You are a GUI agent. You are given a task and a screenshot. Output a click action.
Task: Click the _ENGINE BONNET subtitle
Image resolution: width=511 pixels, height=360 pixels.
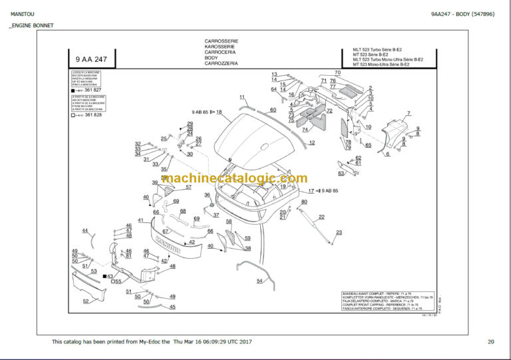31,26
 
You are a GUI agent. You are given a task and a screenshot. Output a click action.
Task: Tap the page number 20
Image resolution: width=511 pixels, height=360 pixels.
490,342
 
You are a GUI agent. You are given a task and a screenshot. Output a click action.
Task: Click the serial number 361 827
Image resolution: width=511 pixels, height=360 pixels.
93,90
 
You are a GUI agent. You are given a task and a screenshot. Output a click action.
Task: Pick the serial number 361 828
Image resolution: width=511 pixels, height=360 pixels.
93,115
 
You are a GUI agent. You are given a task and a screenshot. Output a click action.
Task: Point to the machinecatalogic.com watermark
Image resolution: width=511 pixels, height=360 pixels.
234,178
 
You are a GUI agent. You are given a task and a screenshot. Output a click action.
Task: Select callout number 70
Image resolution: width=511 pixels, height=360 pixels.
337,73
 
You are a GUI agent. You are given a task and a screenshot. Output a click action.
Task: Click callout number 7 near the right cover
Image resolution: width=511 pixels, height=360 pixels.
409,113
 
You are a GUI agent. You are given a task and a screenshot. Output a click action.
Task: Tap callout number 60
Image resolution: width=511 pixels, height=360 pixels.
273,110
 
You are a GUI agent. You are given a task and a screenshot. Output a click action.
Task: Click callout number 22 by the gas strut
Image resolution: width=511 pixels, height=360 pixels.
321,217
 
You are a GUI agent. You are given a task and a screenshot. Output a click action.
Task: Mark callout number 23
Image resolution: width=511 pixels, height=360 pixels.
339,232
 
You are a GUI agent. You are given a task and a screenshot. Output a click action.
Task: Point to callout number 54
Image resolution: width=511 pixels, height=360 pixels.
259,281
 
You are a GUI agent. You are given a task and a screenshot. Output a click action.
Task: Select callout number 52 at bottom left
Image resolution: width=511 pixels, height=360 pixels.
85,301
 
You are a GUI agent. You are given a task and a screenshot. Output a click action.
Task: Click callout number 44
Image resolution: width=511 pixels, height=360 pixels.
85,230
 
